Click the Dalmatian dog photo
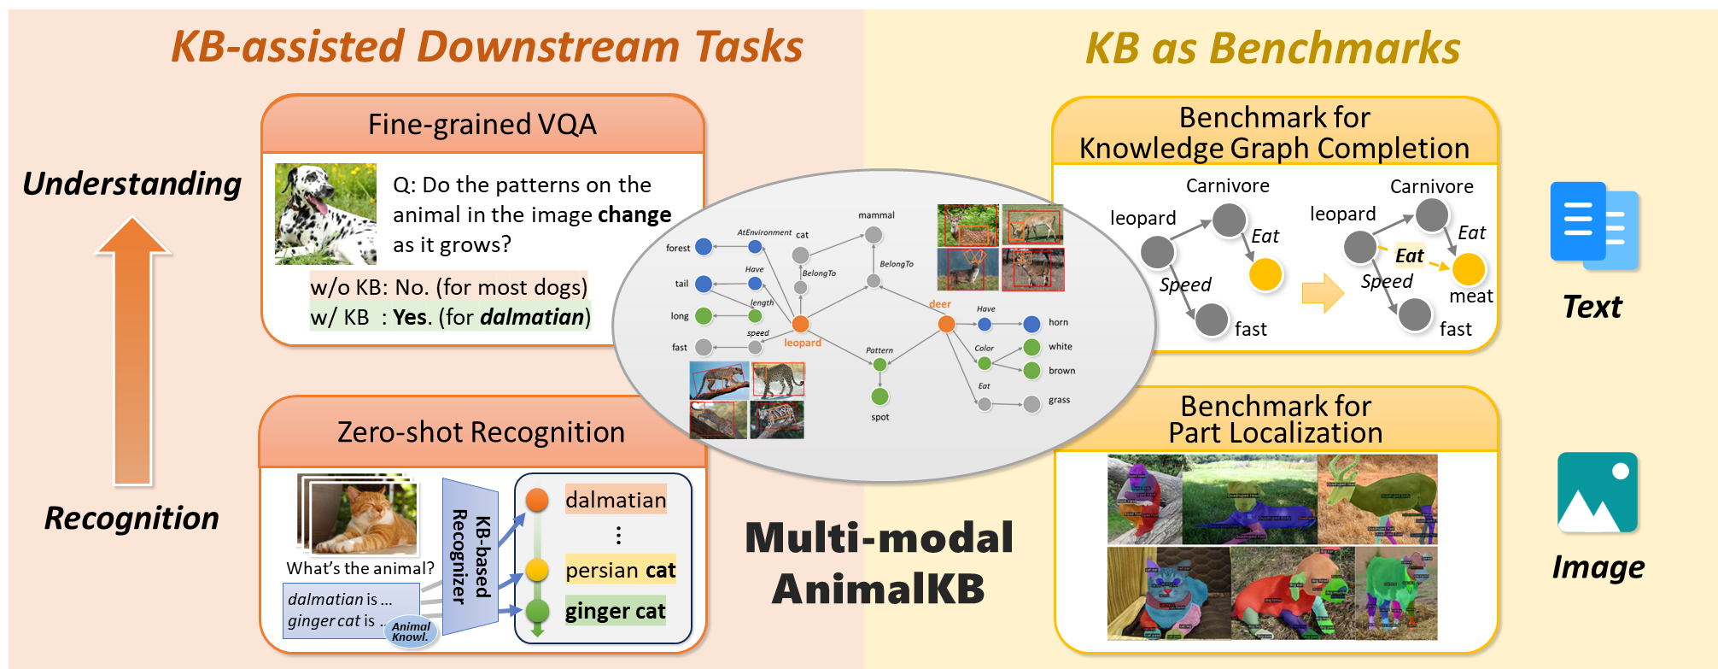(x=325, y=214)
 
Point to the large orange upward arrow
(x=133, y=350)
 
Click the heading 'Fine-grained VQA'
(x=482, y=125)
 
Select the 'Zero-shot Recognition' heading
(x=481, y=432)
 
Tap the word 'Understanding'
(x=131, y=184)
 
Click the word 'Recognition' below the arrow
(x=131, y=518)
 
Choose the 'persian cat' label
(x=620, y=570)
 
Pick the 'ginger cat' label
(x=615, y=611)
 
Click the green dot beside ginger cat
(x=537, y=611)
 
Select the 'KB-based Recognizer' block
(x=470, y=556)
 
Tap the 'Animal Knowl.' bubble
(x=411, y=631)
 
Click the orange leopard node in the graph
(x=800, y=324)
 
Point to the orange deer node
(x=946, y=324)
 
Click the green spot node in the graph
(x=879, y=396)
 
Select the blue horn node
(x=1031, y=324)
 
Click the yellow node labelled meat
(x=1468, y=269)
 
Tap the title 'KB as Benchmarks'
(x=1272, y=48)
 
